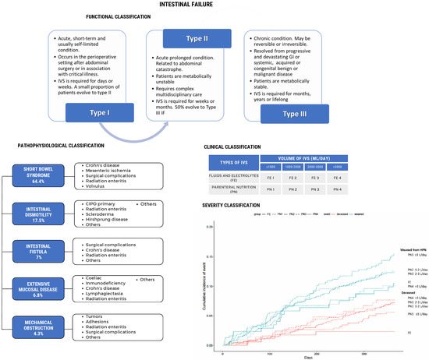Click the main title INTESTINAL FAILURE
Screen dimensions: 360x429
point(214,5)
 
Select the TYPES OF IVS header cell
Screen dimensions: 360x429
point(239,161)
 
